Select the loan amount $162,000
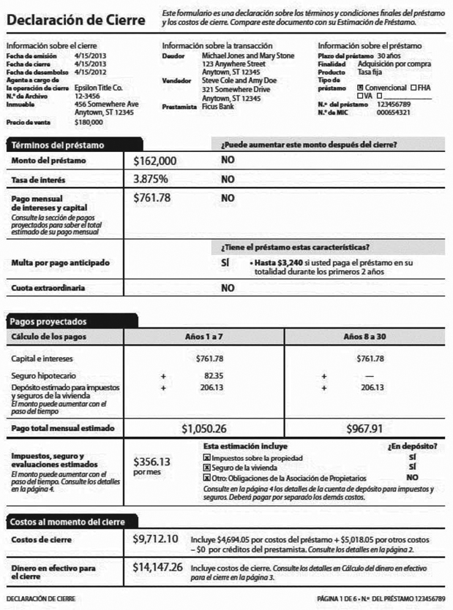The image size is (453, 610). [x=155, y=159]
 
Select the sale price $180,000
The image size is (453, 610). [x=89, y=122]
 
